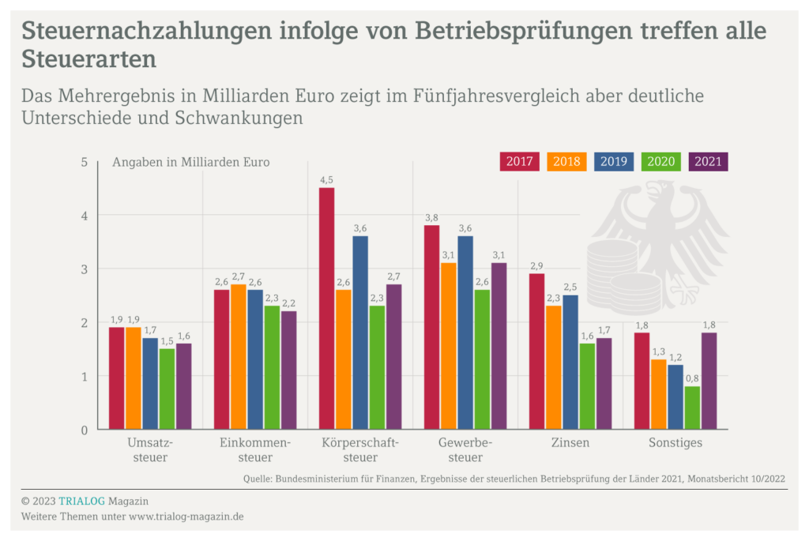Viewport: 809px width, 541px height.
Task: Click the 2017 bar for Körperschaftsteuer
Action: tap(326, 308)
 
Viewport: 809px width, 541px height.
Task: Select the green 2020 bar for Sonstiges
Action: tap(692, 408)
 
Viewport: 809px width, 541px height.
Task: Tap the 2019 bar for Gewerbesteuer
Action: tap(465, 332)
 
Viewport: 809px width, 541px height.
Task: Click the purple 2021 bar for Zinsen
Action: tap(604, 384)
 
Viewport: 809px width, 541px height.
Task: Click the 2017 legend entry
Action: tap(519, 161)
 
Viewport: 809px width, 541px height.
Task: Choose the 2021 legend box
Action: tap(709, 161)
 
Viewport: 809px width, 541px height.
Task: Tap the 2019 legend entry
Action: tap(614, 161)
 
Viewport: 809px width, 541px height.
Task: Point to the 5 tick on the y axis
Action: tap(84, 162)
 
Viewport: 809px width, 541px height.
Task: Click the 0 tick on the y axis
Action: tap(84, 430)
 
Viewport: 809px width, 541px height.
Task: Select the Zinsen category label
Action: tap(570, 443)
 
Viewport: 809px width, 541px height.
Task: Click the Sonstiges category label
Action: tap(675, 443)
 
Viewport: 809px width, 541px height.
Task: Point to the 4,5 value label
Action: tap(326, 181)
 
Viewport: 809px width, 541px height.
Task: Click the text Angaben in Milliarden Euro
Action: tap(190, 163)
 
